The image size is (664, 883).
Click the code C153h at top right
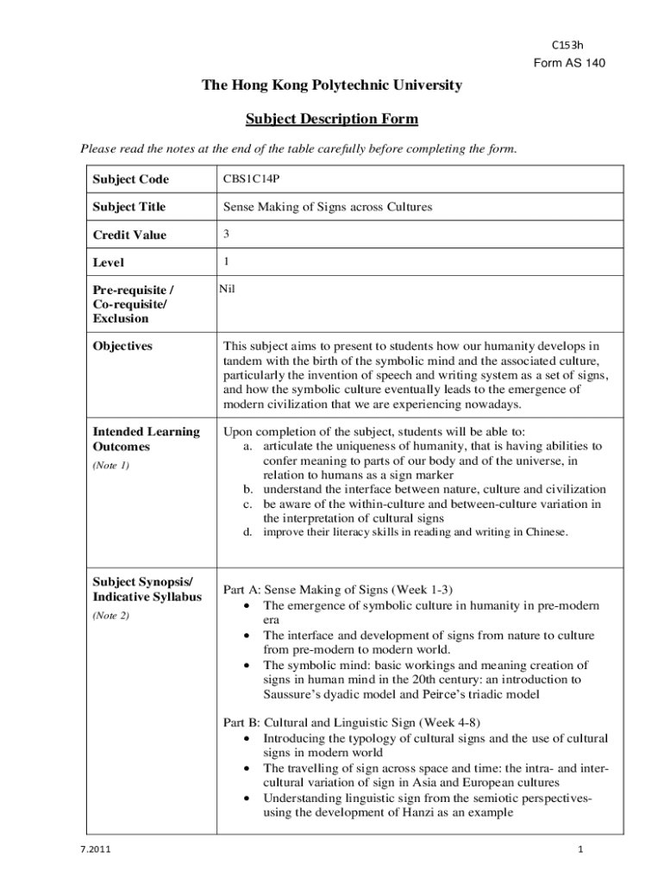tap(567, 46)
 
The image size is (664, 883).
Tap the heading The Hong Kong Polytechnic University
tap(332, 85)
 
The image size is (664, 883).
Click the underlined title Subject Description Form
tap(332, 118)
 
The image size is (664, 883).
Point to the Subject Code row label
tap(130, 179)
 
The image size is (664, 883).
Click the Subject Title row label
tap(129, 207)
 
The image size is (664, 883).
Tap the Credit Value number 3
tap(227, 234)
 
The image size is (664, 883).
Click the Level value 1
tap(227, 261)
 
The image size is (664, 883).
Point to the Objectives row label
tap(122, 346)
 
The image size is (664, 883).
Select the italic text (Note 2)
tap(111, 616)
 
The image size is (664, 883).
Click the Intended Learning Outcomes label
tap(146, 439)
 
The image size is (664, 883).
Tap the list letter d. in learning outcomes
tap(247, 533)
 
